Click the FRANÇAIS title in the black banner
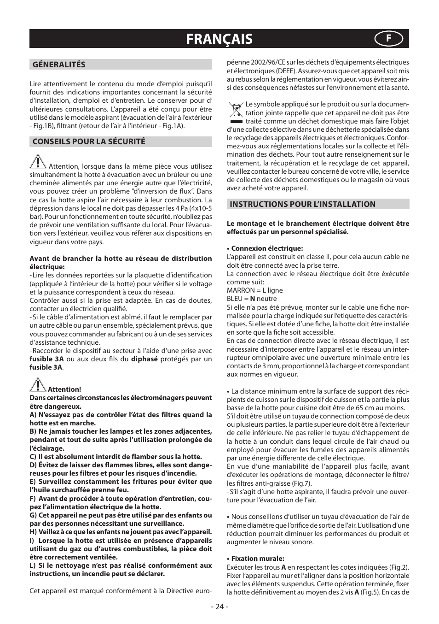pyautogui.click(x=219, y=39)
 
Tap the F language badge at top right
pyautogui.click(x=388, y=39)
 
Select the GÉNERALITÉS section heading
pyautogui.click(x=58, y=65)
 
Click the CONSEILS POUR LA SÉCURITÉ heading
pyautogui.click(x=88, y=141)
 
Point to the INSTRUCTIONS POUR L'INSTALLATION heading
pyautogui.click(x=302, y=204)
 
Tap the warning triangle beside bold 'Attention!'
pyautogui.click(x=38, y=384)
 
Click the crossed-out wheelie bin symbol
pyautogui.click(x=236, y=111)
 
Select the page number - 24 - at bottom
pyautogui.click(x=219, y=606)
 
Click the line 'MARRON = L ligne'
pyautogui.click(x=254, y=290)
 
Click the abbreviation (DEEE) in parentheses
pyautogui.click(x=286, y=71)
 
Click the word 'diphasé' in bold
pyautogui.click(x=144, y=359)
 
